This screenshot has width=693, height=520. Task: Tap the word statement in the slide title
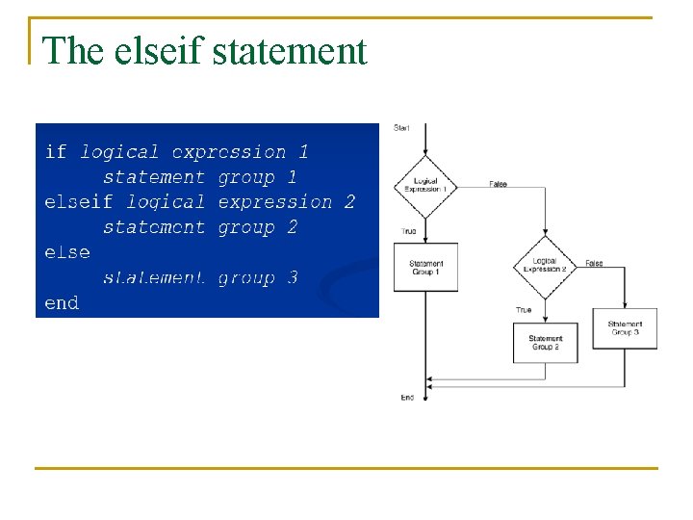[289, 51]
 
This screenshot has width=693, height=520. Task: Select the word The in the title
[73, 51]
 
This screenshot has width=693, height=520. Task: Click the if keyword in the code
[56, 152]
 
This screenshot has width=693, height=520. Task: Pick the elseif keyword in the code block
[79, 202]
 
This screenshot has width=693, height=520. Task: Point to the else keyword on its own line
[67, 252]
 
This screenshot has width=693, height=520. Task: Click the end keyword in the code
[62, 302]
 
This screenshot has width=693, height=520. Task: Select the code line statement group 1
[200, 177]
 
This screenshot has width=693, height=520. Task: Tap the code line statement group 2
[200, 227]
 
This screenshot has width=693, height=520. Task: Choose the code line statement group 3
[200, 277]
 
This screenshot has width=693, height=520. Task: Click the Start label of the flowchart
[400, 128]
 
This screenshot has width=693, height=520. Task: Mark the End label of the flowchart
[407, 397]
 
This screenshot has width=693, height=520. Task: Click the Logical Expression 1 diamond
[425, 185]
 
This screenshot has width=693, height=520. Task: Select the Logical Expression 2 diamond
[545, 264]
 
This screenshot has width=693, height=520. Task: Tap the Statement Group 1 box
[425, 267]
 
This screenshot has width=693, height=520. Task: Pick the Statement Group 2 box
[546, 342]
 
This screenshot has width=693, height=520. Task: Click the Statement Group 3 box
[626, 328]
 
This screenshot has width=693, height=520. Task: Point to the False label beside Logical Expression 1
[498, 184]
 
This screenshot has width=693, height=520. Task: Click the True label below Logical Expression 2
[524, 310]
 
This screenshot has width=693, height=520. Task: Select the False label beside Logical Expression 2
[594, 263]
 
